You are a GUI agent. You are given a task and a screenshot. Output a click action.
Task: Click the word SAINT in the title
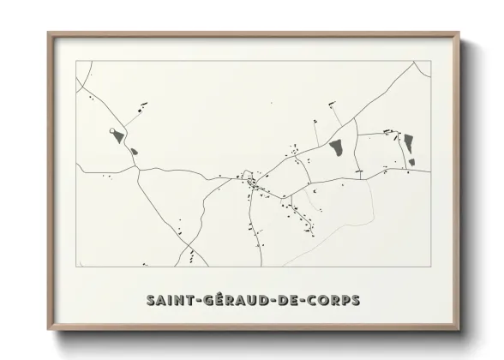pos(169,301)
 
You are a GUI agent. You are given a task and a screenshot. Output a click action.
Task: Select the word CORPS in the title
pos(334,301)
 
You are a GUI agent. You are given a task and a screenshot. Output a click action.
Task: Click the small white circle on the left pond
pos(113,131)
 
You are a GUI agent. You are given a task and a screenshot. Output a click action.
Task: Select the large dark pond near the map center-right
pos(337,149)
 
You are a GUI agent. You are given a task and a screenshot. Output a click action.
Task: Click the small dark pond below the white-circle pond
pos(134,152)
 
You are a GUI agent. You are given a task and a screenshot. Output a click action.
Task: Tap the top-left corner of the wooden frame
pos(48,33)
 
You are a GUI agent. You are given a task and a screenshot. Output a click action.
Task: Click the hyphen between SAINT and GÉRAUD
pos(195,302)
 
